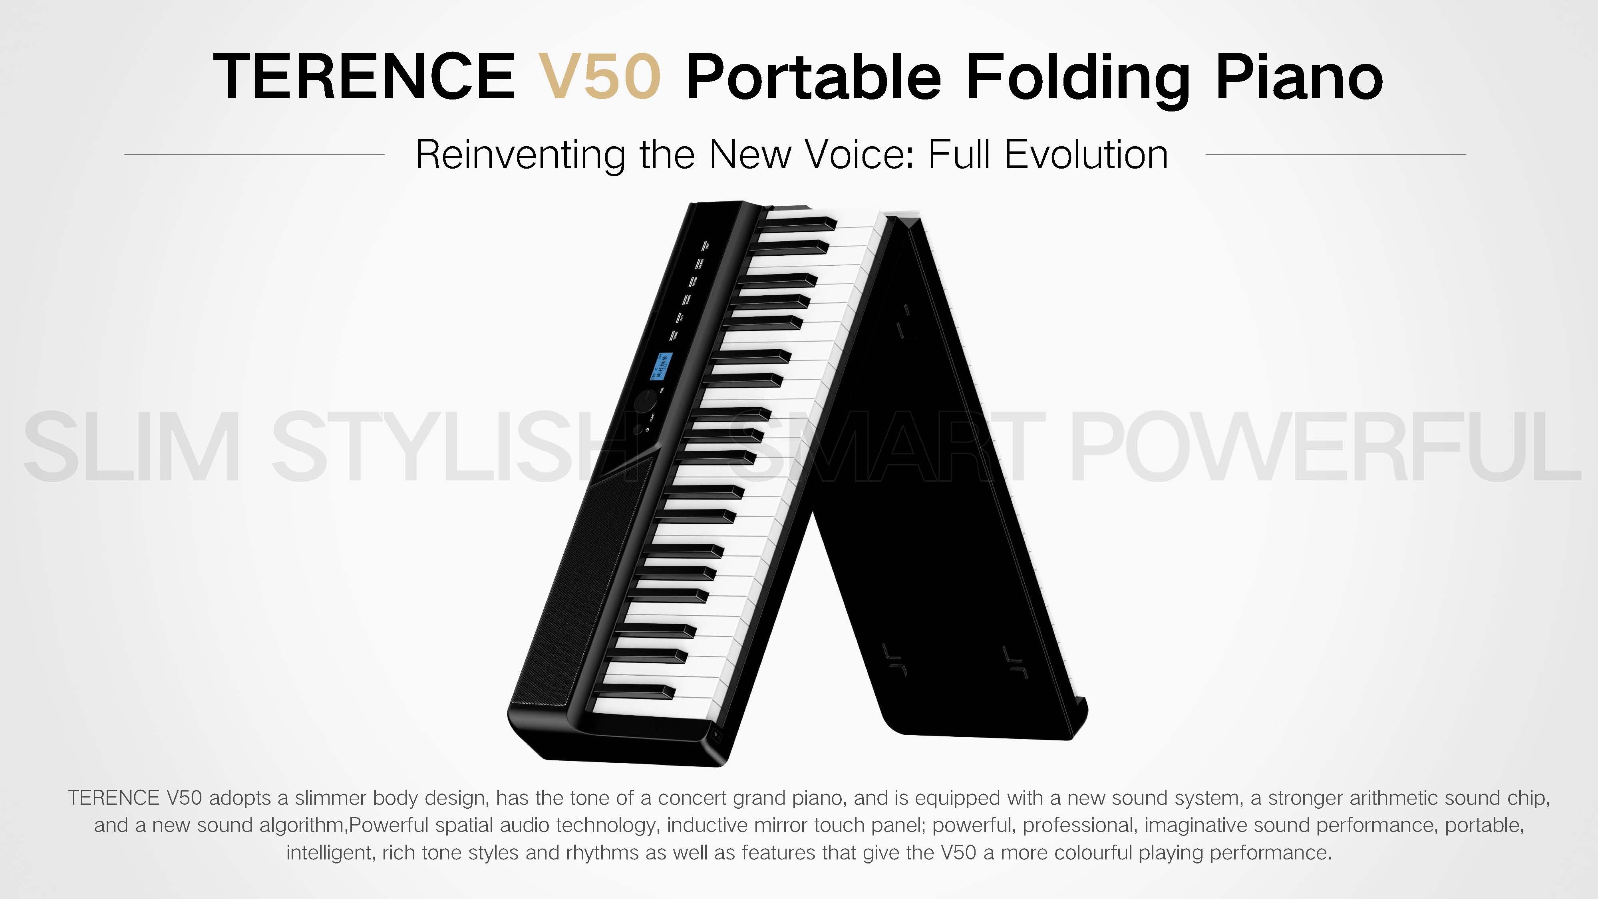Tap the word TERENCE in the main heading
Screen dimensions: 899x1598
[364, 76]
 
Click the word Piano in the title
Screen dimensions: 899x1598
[1299, 76]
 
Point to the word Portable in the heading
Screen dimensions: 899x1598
[813, 76]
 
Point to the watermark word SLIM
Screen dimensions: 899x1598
[131, 447]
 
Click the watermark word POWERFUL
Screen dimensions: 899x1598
[1324, 447]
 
